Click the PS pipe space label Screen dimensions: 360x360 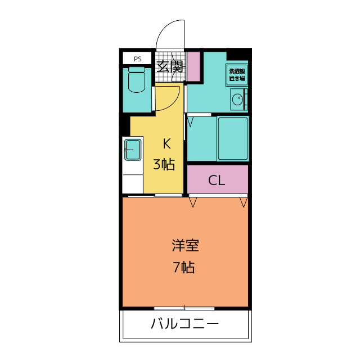137,59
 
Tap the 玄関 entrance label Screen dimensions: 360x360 170,66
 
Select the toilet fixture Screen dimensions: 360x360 137,79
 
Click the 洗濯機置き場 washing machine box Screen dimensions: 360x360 237,75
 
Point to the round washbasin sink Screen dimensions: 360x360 237,100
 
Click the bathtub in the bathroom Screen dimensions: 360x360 233,138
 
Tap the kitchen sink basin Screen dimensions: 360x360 133,150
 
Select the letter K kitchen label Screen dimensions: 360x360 166,144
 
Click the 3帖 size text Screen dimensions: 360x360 164,164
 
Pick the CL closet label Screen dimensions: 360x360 216,181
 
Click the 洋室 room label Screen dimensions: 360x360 185,245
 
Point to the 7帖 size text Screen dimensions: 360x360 184,267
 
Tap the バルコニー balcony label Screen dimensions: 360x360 185,323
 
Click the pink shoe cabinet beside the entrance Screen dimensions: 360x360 193,66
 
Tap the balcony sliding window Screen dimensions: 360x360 184,308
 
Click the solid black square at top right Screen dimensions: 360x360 238,54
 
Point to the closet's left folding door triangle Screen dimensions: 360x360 193,202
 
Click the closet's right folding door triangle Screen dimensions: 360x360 244,202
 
